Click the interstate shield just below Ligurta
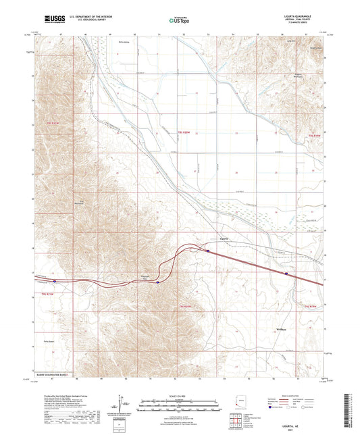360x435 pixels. [x=208, y=251]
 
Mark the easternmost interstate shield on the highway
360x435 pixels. [x=286, y=274]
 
